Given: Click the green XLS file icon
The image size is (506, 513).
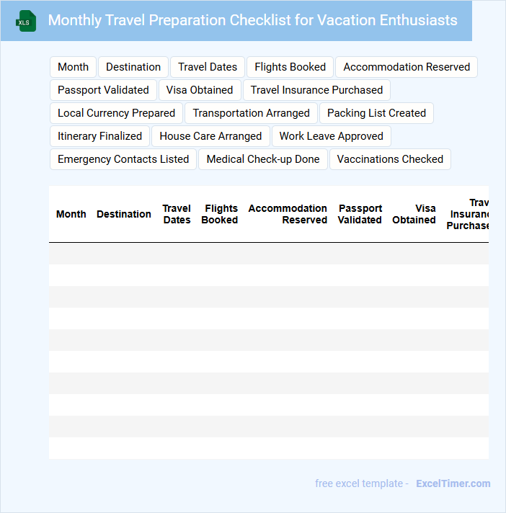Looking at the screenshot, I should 26,22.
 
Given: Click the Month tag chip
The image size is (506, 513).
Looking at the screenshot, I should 73,67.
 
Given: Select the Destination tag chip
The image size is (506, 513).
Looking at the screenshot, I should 133,67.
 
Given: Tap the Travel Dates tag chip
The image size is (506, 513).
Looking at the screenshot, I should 208,67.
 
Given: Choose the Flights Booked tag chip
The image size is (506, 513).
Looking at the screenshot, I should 290,67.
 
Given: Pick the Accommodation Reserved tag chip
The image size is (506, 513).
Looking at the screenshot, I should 407,67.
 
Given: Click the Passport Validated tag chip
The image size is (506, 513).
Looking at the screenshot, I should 103,90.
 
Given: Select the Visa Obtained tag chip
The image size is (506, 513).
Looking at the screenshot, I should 200,90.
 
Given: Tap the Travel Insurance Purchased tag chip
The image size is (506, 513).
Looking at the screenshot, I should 316,90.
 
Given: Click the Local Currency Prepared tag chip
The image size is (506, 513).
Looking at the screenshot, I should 116,113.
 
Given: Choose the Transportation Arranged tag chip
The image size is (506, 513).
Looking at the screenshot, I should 251,113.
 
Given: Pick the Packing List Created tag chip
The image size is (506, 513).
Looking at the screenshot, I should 376,113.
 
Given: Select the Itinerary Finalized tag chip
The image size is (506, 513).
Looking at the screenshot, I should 99,136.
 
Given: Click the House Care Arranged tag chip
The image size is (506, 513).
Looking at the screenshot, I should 210,136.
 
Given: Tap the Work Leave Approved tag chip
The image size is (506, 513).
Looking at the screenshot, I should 331,136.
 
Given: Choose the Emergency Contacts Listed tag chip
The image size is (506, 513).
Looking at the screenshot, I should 123,159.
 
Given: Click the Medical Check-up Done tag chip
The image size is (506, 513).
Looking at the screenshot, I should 263,159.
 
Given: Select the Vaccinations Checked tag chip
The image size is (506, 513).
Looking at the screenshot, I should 390,159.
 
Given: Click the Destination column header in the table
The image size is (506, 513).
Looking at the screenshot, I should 124,214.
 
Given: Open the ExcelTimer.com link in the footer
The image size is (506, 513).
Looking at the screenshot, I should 453,483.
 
